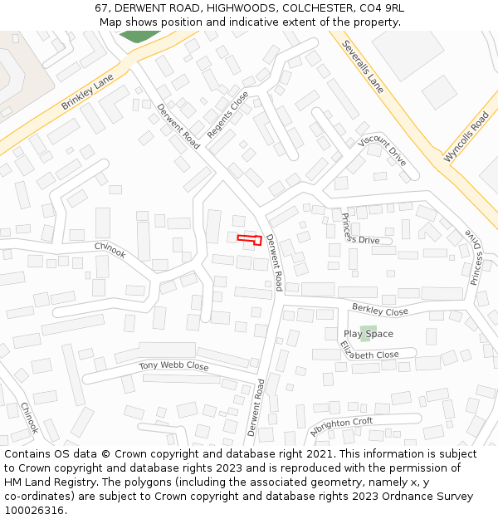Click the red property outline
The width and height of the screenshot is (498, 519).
click(x=250, y=239)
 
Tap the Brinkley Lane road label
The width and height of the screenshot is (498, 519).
click(x=87, y=92)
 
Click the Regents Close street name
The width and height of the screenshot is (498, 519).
click(x=227, y=115)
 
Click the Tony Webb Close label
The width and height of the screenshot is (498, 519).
click(x=173, y=365)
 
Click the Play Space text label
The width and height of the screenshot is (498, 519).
click(x=369, y=334)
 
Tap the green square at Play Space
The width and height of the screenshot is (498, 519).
click(x=366, y=333)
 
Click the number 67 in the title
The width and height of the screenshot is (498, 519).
click(x=102, y=8)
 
